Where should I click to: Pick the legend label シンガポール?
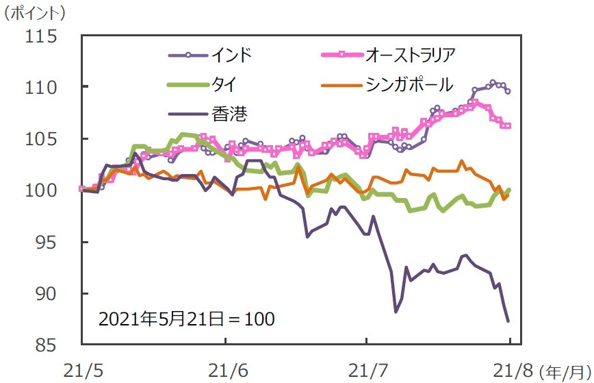click(409, 84)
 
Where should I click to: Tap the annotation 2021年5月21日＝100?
click(186, 319)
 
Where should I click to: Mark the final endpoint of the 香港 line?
click(508, 321)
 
